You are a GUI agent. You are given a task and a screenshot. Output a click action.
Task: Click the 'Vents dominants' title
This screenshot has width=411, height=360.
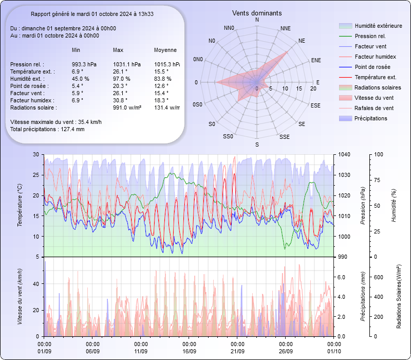coord(257,13)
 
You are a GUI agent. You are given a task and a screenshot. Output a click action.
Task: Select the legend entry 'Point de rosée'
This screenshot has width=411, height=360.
coord(372,67)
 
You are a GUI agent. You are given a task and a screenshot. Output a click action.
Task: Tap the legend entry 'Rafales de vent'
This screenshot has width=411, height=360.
coord(374,109)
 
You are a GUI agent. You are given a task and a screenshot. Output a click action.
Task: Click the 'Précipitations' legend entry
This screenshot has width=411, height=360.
coord(371,119)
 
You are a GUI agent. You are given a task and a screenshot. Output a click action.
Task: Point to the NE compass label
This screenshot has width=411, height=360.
coord(302,40)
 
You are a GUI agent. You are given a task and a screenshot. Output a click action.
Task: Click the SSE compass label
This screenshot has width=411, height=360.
coord(284,137)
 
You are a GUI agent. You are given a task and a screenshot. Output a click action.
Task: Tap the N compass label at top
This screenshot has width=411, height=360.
coord(257,20)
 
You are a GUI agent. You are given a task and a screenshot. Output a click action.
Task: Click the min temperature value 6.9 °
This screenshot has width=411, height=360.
coord(78,71)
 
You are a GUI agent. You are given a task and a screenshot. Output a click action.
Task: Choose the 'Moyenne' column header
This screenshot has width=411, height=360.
coord(165,50)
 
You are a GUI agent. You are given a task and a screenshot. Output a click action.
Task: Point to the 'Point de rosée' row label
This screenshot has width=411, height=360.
coord(28,86)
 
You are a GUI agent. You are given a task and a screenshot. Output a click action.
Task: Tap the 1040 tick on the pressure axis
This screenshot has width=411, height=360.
coord(344,154)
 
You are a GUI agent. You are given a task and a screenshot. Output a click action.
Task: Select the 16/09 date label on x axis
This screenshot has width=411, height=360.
coord(189,351)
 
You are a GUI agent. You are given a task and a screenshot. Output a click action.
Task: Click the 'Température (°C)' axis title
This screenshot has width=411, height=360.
coord(20,206)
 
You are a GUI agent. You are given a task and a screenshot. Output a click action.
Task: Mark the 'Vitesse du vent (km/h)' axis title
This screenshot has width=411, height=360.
coord(20,297)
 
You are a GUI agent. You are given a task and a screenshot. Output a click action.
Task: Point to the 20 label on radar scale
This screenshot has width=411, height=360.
coord(313,89)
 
